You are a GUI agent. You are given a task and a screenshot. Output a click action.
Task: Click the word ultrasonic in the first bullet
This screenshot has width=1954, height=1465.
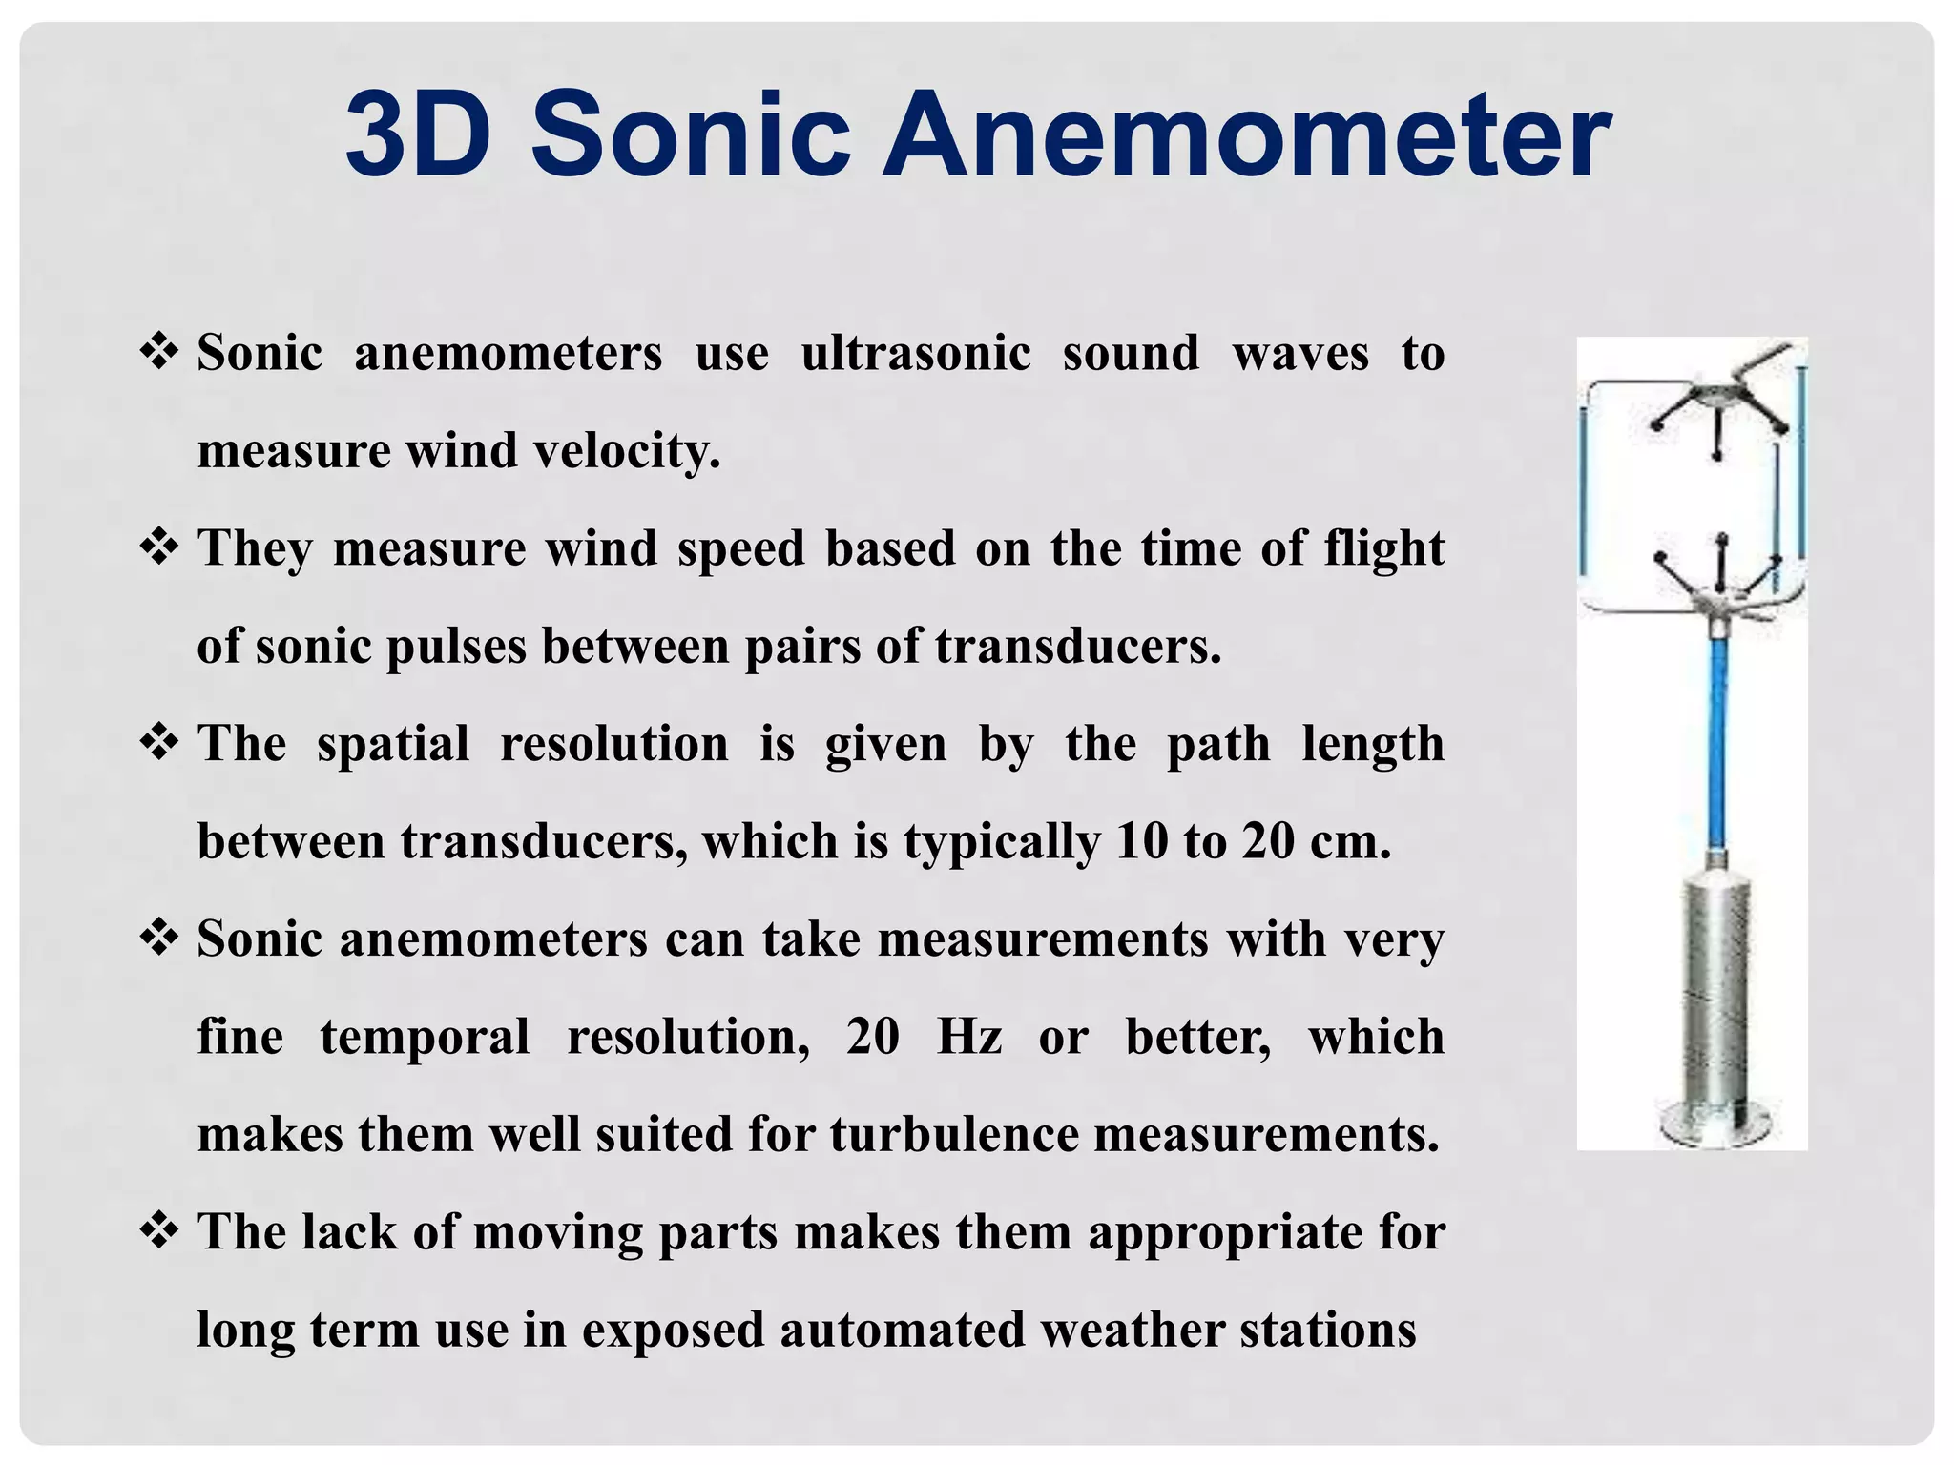915,353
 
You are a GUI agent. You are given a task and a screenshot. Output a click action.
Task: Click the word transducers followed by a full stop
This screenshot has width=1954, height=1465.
1077,647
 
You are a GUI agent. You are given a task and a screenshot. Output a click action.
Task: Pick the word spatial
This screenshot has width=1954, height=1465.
392,744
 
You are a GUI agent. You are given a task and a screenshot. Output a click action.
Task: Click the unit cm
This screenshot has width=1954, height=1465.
1349,842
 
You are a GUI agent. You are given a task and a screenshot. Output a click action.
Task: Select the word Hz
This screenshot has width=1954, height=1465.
968,1037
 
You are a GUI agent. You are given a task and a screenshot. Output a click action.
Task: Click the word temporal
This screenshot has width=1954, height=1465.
424,1037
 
